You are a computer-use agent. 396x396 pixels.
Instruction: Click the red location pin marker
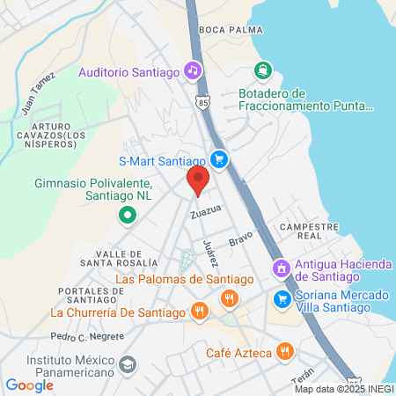pos(197,181)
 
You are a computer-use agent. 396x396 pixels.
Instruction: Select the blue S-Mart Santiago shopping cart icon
pos(219,160)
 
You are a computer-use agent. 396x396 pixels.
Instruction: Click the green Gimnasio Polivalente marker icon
pos(128,214)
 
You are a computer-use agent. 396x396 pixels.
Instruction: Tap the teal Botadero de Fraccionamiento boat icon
pos(261,70)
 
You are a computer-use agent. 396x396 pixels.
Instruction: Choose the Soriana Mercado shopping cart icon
pos(282,298)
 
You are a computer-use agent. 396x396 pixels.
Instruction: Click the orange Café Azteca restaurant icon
pos(283,353)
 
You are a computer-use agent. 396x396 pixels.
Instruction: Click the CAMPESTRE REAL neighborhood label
pos(308,231)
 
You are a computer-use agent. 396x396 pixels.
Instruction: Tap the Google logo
pos(29,385)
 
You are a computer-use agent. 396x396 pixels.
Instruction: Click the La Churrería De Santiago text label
pos(117,312)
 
